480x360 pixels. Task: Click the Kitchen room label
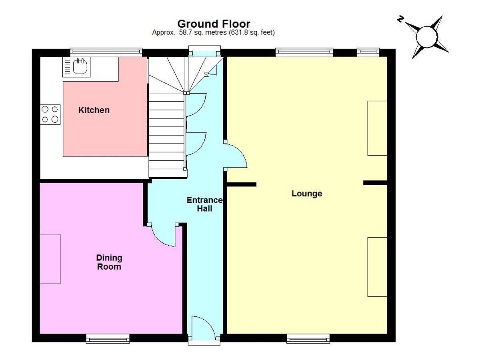click(94, 110)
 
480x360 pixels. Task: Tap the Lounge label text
click(307, 194)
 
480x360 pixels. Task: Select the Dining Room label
click(109, 262)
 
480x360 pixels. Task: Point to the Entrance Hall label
click(205, 204)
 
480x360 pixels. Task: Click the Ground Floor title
click(214, 24)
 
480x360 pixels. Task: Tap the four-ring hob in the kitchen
click(50, 114)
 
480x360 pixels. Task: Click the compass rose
click(428, 37)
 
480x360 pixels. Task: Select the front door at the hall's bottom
click(204, 329)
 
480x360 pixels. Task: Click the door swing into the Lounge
click(236, 156)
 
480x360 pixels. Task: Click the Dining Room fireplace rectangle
click(50, 259)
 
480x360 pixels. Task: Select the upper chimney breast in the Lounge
click(377, 128)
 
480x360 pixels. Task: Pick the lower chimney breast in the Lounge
click(377, 267)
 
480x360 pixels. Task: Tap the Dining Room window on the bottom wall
click(108, 339)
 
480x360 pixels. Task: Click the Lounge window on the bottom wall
click(308, 339)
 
